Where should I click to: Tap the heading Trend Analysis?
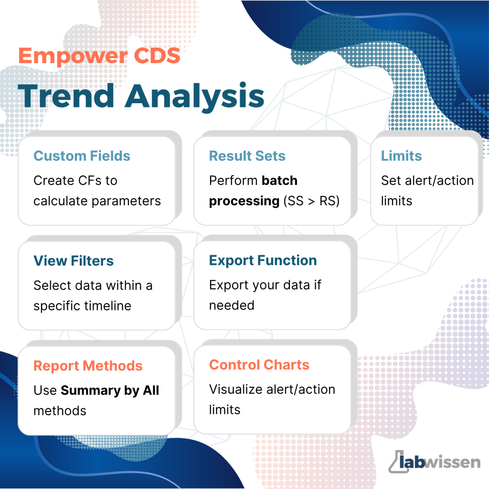pyautogui.click(x=141, y=96)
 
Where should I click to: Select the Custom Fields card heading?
pyautogui.click(x=82, y=156)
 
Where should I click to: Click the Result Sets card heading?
pyautogui.click(x=247, y=156)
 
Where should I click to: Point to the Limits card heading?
pyautogui.click(x=401, y=156)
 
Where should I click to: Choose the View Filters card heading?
pyautogui.click(x=74, y=261)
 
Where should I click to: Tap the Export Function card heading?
pyautogui.click(x=263, y=260)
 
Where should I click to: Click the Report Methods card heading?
pyautogui.click(x=88, y=366)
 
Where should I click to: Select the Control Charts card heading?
pyautogui.click(x=259, y=364)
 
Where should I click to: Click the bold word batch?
pyautogui.click(x=279, y=181)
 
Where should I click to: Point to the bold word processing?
pyautogui.click(x=244, y=202)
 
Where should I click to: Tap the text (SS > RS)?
pyautogui.click(x=311, y=201)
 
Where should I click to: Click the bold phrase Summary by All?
pyautogui.click(x=110, y=391)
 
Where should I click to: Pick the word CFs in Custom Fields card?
pyautogui.click(x=85, y=181)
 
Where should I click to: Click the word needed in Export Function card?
pyautogui.click(x=232, y=305)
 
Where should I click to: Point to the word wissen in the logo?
pyautogui.click(x=453, y=462)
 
